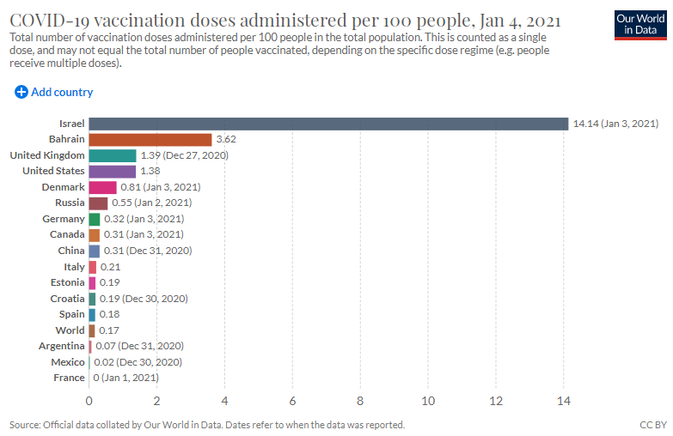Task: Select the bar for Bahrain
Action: pyautogui.click(x=150, y=139)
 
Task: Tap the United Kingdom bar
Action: pyautogui.click(x=112, y=155)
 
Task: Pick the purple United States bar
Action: pyautogui.click(x=112, y=171)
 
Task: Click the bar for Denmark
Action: pyautogui.click(x=102, y=187)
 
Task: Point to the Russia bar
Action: pyautogui.click(x=98, y=203)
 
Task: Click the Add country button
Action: pyautogui.click(x=54, y=92)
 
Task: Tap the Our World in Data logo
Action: pyautogui.click(x=641, y=25)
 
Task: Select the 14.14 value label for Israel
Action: pyautogui.click(x=615, y=124)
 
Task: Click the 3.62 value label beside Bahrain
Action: pyautogui.click(x=225, y=139)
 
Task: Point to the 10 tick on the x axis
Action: pyautogui.click(x=428, y=400)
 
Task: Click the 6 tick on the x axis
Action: pyautogui.click(x=292, y=400)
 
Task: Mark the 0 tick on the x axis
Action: pyautogui.click(x=89, y=400)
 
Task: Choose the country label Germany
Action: pyautogui.click(x=64, y=219)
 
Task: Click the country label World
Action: pyautogui.click(x=70, y=330)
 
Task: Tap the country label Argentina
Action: pyautogui.click(x=62, y=346)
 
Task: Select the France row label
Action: pyautogui.click(x=69, y=378)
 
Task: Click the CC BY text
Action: pyautogui.click(x=652, y=425)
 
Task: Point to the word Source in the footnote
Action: pyautogui.click(x=24, y=425)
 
